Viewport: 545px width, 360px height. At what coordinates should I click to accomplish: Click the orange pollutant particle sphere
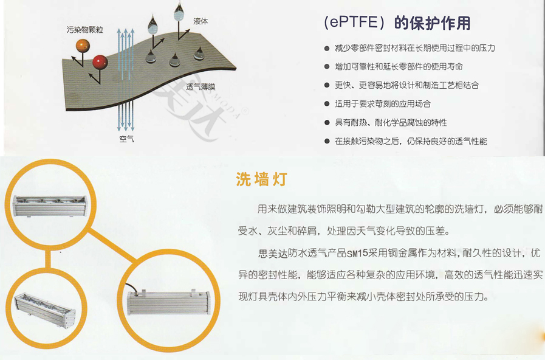tap(83, 45)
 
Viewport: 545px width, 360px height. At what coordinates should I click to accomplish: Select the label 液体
tap(201, 21)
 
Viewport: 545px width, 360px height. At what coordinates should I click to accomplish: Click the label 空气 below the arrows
tap(126, 139)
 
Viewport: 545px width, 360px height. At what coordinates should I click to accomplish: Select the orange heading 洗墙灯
tap(261, 179)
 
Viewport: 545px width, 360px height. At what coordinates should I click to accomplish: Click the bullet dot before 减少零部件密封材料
tap(328, 48)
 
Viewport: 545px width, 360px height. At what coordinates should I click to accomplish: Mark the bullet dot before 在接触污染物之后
tap(328, 141)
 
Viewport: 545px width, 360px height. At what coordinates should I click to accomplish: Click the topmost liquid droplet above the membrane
tap(179, 10)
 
